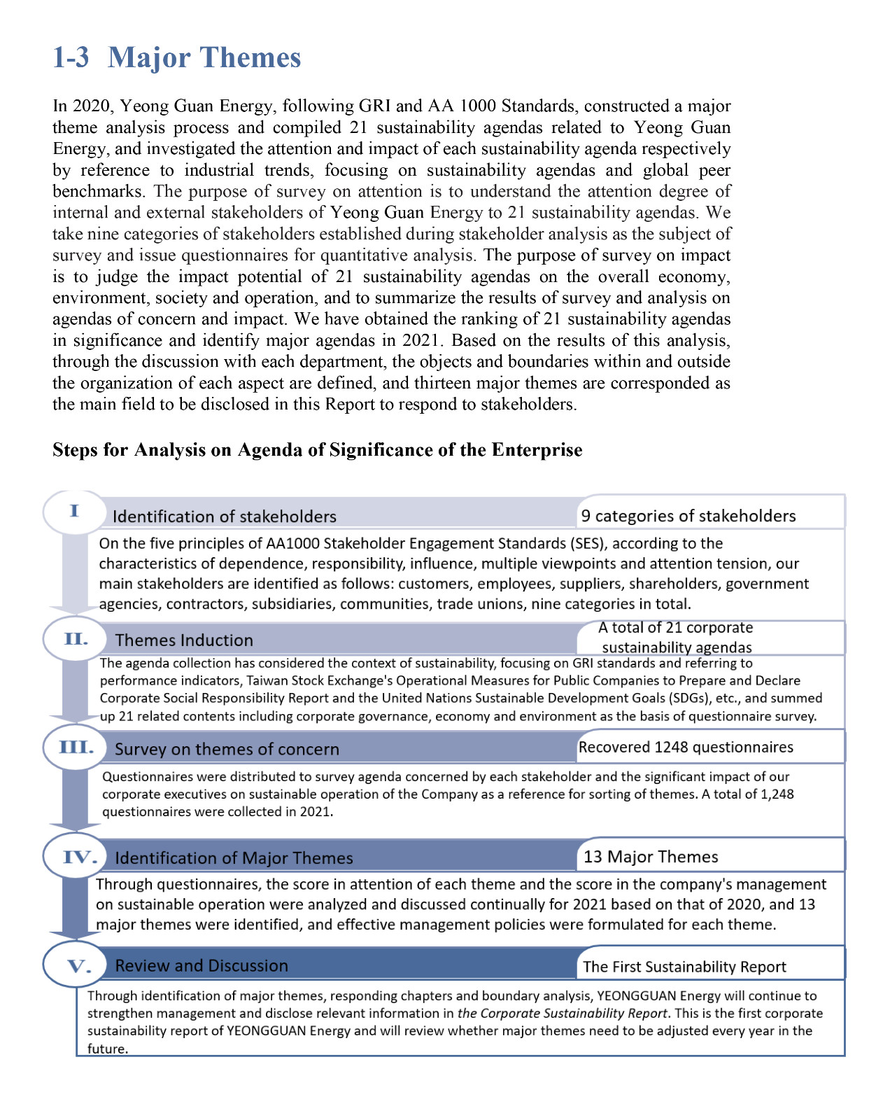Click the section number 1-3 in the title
coord(71,57)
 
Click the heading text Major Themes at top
coord(204,57)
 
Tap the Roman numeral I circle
coord(74,511)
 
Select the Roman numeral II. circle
coord(76,639)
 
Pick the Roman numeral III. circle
coord(76,747)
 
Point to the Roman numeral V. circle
coord(77,966)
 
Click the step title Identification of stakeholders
coord(224,517)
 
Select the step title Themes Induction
coord(184,640)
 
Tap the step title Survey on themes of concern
coord(227,749)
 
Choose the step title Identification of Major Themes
coord(234,858)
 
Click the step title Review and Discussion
coord(202,966)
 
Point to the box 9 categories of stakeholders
coord(688,516)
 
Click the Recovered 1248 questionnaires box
coord(686,747)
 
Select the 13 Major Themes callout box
coord(651,857)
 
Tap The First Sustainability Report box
coord(684,967)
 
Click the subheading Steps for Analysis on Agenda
coord(317,449)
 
